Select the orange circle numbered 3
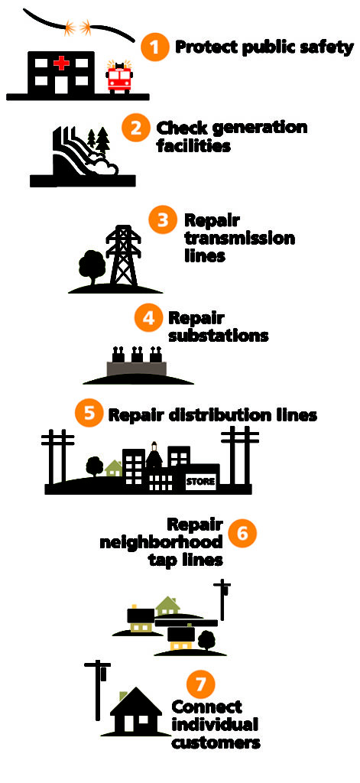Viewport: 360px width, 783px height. [x=163, y=219]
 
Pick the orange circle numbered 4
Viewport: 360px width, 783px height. [x=147, y=317]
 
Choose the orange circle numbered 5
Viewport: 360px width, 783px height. [x=89, y=414]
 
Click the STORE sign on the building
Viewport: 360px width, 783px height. [x=200, y=482]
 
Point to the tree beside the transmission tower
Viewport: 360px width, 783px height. [x=91, y=266]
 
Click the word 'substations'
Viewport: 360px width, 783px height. [x=219, y=335]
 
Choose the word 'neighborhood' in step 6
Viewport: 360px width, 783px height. [x=161, y=542]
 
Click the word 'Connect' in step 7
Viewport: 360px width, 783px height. [x=206, y=707]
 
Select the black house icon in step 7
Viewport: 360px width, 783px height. [x=136, y=712]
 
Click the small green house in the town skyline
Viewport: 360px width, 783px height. [x=114, y=467]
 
